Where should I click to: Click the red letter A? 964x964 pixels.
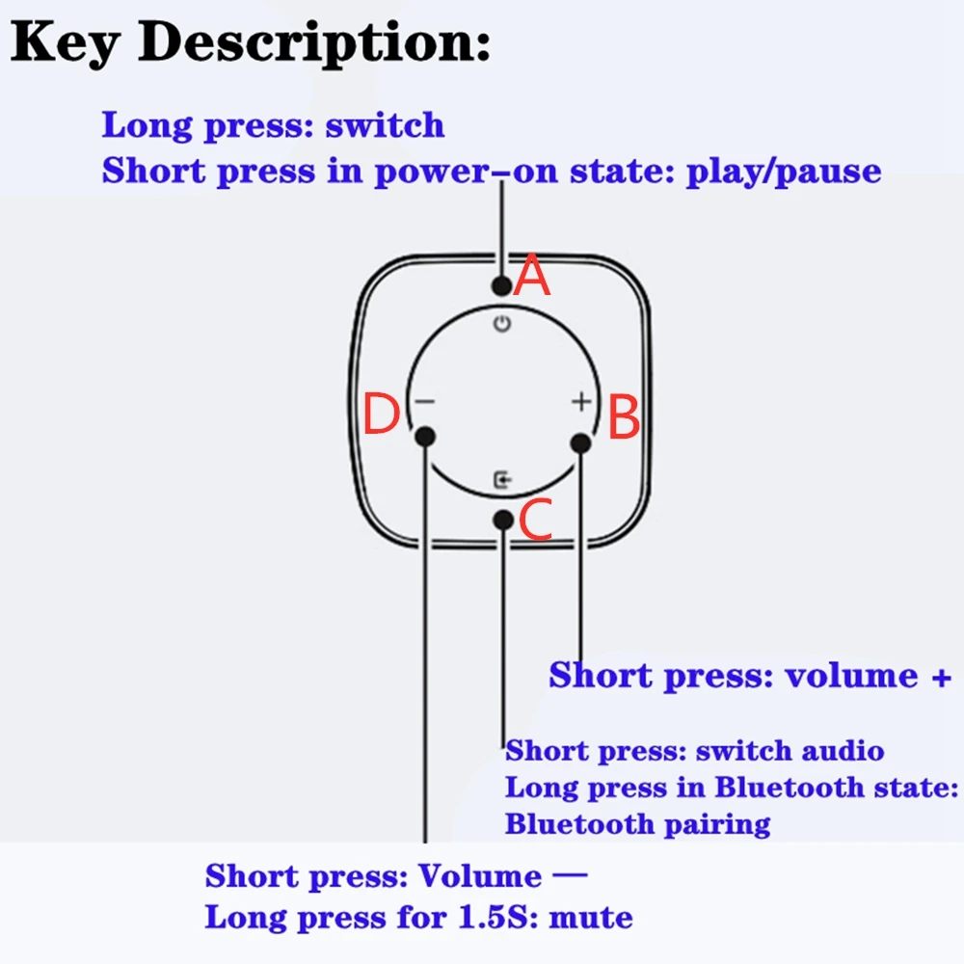click(x=532, y=278)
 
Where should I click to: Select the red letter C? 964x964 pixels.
click(x=535, y=522)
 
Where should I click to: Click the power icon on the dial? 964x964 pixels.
click(x=501, y=324)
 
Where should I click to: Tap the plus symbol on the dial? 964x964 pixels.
click(x=580, y=401)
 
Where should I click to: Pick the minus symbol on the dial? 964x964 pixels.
click(x=425, y=402)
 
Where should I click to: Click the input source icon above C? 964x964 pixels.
click(x=501, y=478)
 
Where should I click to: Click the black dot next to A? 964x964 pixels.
click(x=500, y=285)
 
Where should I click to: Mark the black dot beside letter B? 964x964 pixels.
click(x=579, y=442)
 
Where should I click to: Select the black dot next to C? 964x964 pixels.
click(x=502, y=520)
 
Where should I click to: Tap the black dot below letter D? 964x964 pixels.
click(x=425, y=437)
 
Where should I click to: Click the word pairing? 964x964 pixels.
click(x=714, y=824)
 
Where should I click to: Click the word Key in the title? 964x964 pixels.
click(x=70, y=43)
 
